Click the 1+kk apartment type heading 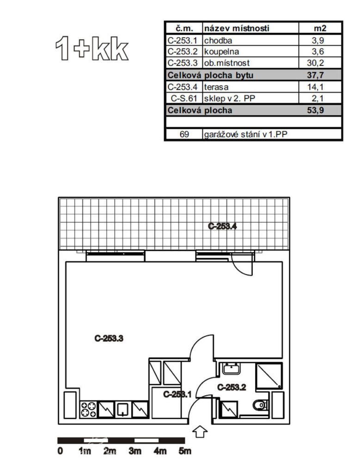pyautogui.click(x=92, y=49)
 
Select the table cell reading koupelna pyautogui.click(x=221, y=52)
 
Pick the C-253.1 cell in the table pyautogui.click(x=182, y=41)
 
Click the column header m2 pyautogui.click(x=320, y=28)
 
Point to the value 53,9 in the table pyautogui.click(x=315, y=110)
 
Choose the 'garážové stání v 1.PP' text pyautogui.click(x=245, y=134)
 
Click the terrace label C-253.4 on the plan pyautogui.click(x=222, y=226)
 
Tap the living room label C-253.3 pyautogui.click(x=109, y=339)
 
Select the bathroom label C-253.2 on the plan pyautogui.click(x=232, y=387)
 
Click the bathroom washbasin pyautogui.click(x=231, y=368)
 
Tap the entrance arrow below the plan pyautogui.click(x=200, y=432)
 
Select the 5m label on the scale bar pyautogui.click(x=185, y=451)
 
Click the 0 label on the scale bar pyautogui.click(x=61, y=451)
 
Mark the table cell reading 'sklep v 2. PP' pyautogui.click(x=229, y=98)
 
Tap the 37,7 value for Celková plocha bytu pyautogui.click(x=315, y=75)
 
